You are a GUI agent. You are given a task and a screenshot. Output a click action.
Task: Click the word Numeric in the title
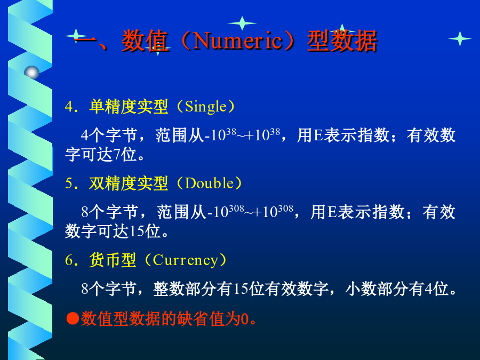click(237, 41)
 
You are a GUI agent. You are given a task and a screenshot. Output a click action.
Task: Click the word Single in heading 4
click(205, 107)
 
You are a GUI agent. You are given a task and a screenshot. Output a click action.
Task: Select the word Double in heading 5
click(210, 183)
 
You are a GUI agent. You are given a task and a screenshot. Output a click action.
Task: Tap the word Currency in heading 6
click(185, 260)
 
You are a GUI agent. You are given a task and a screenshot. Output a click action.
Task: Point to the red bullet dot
click(73, 318)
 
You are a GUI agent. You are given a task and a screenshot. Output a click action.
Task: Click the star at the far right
click(460, 38)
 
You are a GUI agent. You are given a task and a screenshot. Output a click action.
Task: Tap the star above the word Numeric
click(242, 23)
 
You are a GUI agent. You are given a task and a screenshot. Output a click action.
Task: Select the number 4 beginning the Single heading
click(69, 107)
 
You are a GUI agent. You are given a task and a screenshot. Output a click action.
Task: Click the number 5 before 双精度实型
click(69, 183)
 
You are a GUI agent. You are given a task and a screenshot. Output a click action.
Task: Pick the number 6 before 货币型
click(69, 260)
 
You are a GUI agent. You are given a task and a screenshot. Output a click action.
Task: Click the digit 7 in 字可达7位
click(117, 155)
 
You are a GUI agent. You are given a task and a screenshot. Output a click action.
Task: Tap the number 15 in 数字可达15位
click(137, 231)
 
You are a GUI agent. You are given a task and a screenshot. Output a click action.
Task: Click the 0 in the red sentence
click(245, 319)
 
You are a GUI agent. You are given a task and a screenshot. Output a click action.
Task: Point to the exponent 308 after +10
click(286, 209)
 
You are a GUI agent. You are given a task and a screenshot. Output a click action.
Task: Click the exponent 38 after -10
click(231, 132)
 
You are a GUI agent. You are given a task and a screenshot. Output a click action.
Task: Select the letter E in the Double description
click(332, 212)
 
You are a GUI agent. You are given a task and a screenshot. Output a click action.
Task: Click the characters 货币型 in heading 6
click(113, 260)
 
